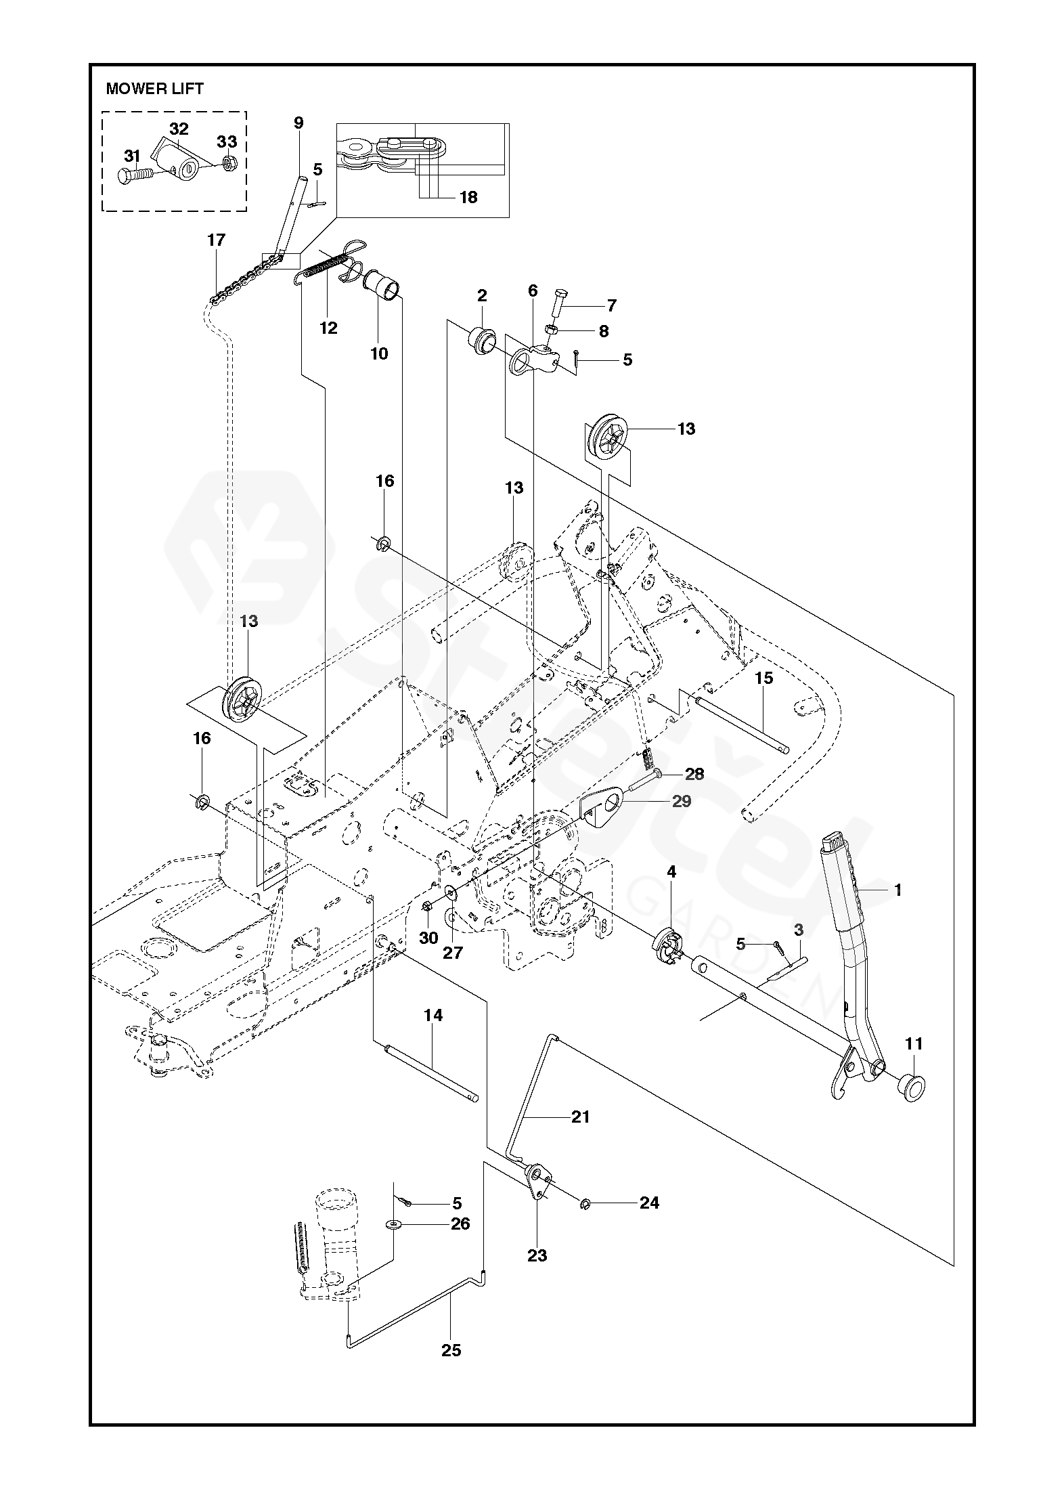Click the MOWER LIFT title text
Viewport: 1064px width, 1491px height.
pyautogui.click(x=154, y=89)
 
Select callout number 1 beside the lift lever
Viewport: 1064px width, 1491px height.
pyautogui.click(x=898, y=890)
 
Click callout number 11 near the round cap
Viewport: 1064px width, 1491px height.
pyautogui.click(x=914, y=1043)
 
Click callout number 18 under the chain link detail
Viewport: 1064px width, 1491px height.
pyautogui.click(x=468, y=197)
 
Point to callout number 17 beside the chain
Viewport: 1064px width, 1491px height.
pyautogui.click(x=216, y=240)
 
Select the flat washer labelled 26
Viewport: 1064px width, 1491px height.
pyautogui.click(x=393, y=1224)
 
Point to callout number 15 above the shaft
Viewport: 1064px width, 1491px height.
pyautogui.click(x=763, y=678)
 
